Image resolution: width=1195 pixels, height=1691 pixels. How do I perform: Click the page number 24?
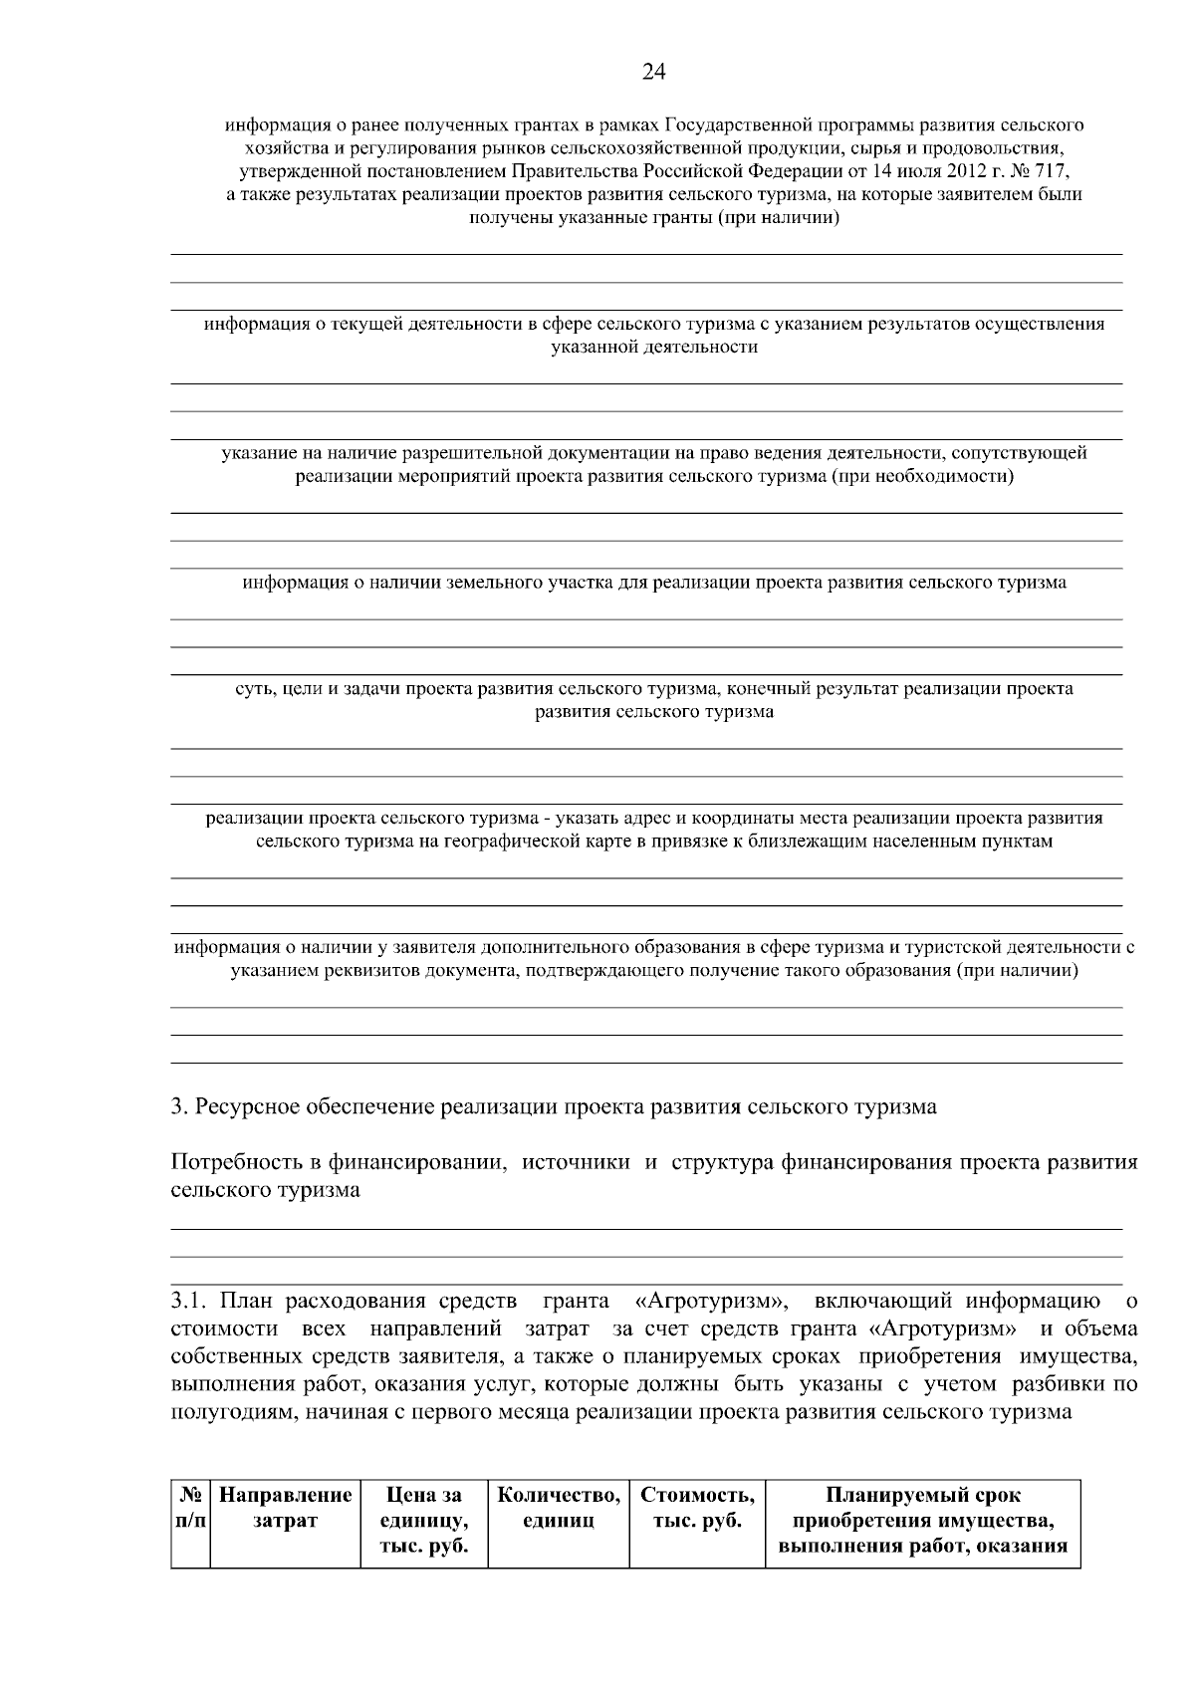(653, 72)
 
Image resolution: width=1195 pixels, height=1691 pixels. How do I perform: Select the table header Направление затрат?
(285, 1508)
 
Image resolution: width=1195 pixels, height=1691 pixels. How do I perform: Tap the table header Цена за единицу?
(424, 1521)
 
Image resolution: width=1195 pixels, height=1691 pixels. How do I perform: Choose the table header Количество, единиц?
(559, 1508)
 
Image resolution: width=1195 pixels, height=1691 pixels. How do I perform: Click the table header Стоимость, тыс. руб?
(697, 1508)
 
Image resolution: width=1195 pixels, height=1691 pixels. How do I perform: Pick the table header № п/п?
(190, 1508)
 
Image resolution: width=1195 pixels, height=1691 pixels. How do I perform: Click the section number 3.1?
(190, 1301)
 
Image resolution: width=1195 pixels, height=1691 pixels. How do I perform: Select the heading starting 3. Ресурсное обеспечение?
(554, 1106)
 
